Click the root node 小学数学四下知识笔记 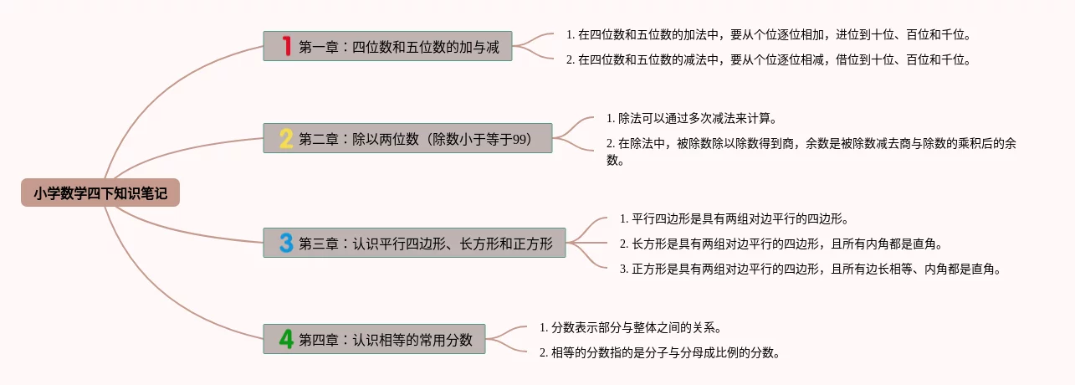(100, 193)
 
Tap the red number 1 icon (286, 46)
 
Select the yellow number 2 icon (286, 138)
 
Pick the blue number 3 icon (286, 243)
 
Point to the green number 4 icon (286, 339)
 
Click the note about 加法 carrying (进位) (768, 35)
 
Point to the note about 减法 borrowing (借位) (768, 59)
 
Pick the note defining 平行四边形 (734, 219)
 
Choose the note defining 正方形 (810, 269)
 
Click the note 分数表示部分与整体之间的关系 (630, 327)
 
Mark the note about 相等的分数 (659, 352)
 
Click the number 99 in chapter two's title (520, 138)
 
